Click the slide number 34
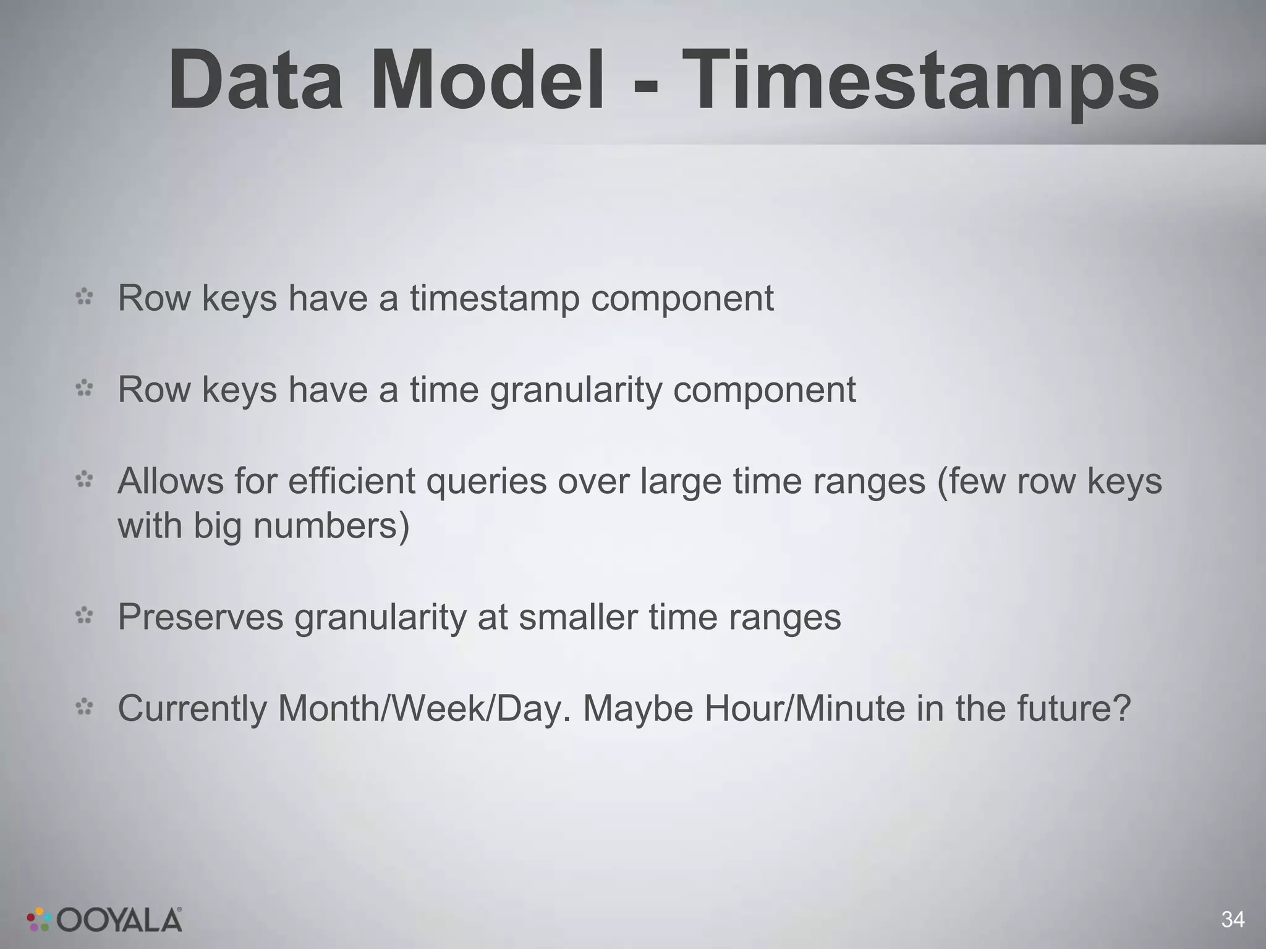coord(1233,919)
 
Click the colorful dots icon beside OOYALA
coord(39,919)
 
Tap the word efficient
coord(351,481)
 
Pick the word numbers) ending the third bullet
coord(331,526)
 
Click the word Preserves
coord(200,617)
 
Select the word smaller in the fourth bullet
coord(577,617)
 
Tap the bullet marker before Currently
coord(84,707)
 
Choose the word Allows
coord(170,481)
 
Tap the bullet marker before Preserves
coord(84,616)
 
